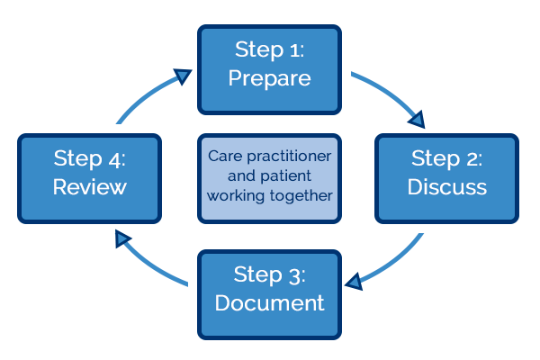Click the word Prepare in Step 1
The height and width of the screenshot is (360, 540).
(x=269, y=78)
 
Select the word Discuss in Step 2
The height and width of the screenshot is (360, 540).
(x=446, y=187)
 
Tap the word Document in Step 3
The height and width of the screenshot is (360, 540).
(x=269, y=303)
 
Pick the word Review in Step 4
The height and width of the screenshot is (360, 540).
(x=89, y=187)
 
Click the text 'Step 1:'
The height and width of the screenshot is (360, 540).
(x=269, y=49)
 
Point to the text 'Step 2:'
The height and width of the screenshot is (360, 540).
(x=446, y=158)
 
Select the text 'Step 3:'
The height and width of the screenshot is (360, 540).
(x=269, y=274)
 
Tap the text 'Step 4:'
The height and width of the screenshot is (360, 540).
(x=89, y=158)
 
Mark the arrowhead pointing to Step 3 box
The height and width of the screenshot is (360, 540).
(x=355, y=282)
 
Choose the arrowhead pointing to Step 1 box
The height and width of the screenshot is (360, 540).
(x=183, y=76)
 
